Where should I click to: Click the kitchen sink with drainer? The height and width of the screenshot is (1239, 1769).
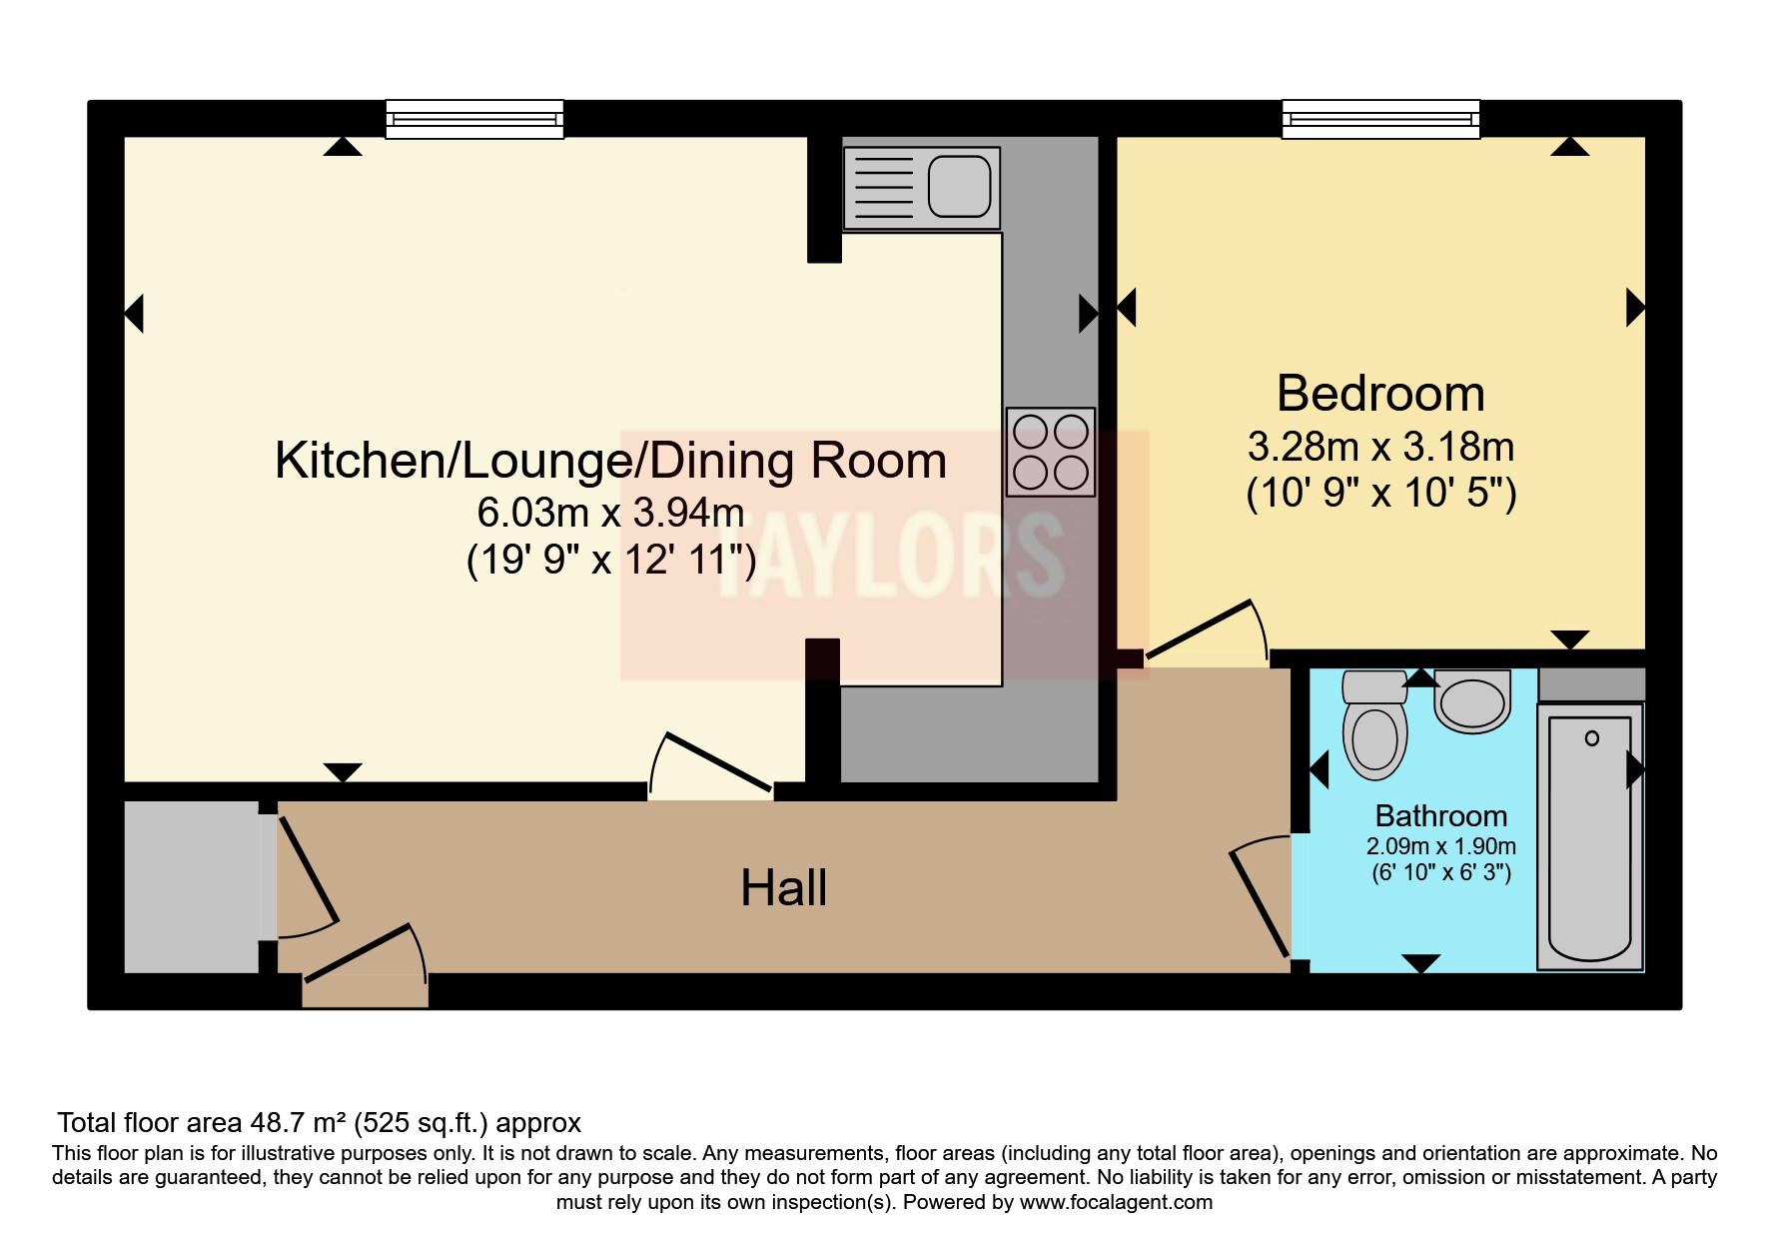921,188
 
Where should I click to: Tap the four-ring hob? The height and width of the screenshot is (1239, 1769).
1051,452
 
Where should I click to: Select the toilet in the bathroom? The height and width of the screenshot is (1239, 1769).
1374,725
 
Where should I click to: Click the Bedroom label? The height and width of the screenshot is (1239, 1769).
1380,394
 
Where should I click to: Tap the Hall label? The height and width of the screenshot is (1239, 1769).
784,887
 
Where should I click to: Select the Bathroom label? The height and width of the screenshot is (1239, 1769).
1441,816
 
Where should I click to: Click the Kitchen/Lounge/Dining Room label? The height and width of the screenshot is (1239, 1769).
610,461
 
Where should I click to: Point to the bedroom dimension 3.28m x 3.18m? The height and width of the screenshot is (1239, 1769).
1380,447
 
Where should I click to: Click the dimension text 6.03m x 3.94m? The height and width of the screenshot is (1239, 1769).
610,513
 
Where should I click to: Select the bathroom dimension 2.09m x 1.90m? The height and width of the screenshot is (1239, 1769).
1441,846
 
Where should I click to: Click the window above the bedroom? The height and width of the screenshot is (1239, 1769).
1380,119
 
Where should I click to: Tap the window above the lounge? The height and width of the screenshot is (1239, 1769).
474,119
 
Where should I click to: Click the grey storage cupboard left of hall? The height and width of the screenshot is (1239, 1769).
191,886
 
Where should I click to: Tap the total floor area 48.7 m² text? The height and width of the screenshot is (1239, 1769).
319,1123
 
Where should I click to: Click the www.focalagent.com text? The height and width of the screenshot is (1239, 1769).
1116,1202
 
